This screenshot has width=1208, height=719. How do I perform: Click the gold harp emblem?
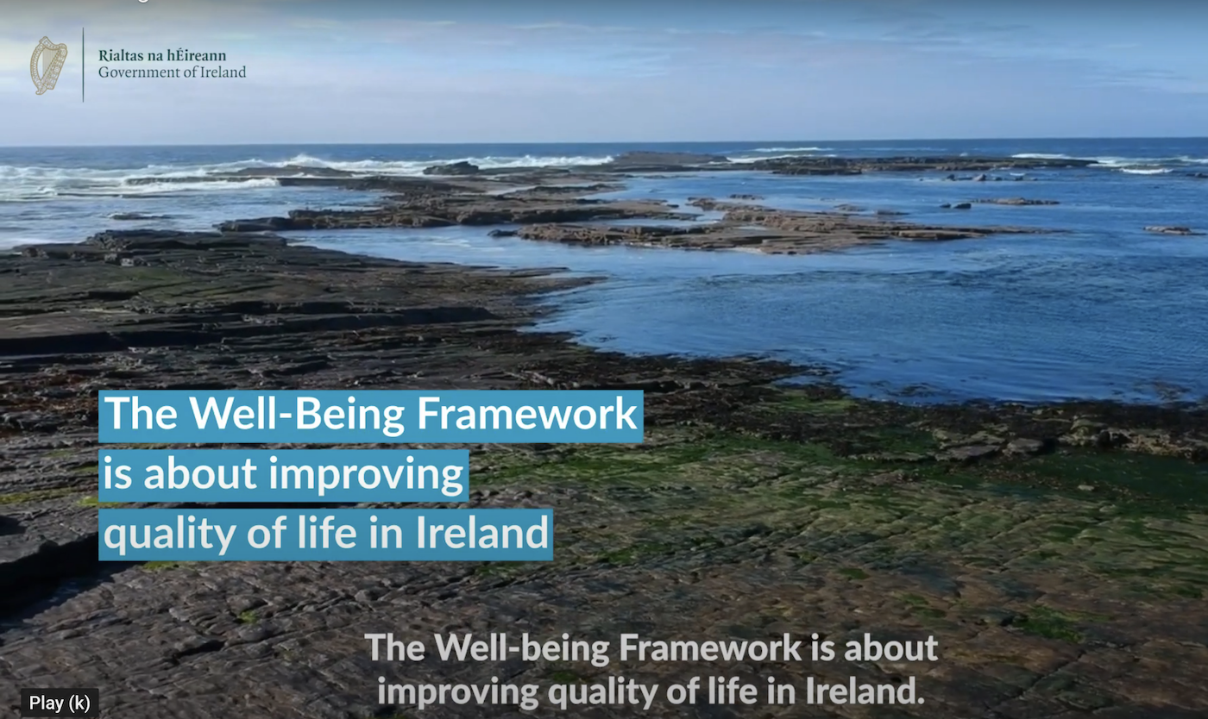pyautogui.click(x=48, y=65)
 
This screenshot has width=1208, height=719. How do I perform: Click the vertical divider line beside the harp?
pyautogui.click(x=84, y=65)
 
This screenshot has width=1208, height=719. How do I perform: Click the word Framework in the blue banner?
pyautogui.click(x=527, y=415)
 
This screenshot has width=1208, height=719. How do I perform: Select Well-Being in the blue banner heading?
pyautogui.click(x=298, y=415)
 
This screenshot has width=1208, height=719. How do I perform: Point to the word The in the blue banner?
pyautogui.click(x=140, y=415)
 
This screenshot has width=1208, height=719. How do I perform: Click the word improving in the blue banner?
pyautogui.click(x=362, y=475)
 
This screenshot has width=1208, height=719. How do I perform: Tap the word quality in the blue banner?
pyautogui.click(x=168, y=534)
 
